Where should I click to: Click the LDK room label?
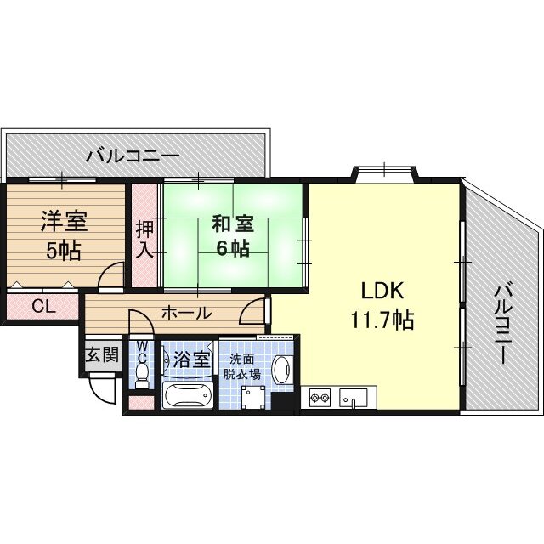coord(382,291)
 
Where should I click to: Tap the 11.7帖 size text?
coord(382,320)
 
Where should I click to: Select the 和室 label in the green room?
coord(232,224)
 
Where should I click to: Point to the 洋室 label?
coord(64,221)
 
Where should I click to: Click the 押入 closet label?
coord(144,240)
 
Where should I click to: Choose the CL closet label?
coord(43,306)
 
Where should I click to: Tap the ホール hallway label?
coord(187,314)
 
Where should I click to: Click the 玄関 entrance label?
coord(102,354)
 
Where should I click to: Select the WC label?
coord(142,351)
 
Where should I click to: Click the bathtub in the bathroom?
coord(187,395)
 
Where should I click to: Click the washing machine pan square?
coord(254,398)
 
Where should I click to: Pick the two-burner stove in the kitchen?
coord(320,397)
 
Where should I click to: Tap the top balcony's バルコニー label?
coord(133,156)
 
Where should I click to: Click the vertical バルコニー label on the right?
coord(502,324)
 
